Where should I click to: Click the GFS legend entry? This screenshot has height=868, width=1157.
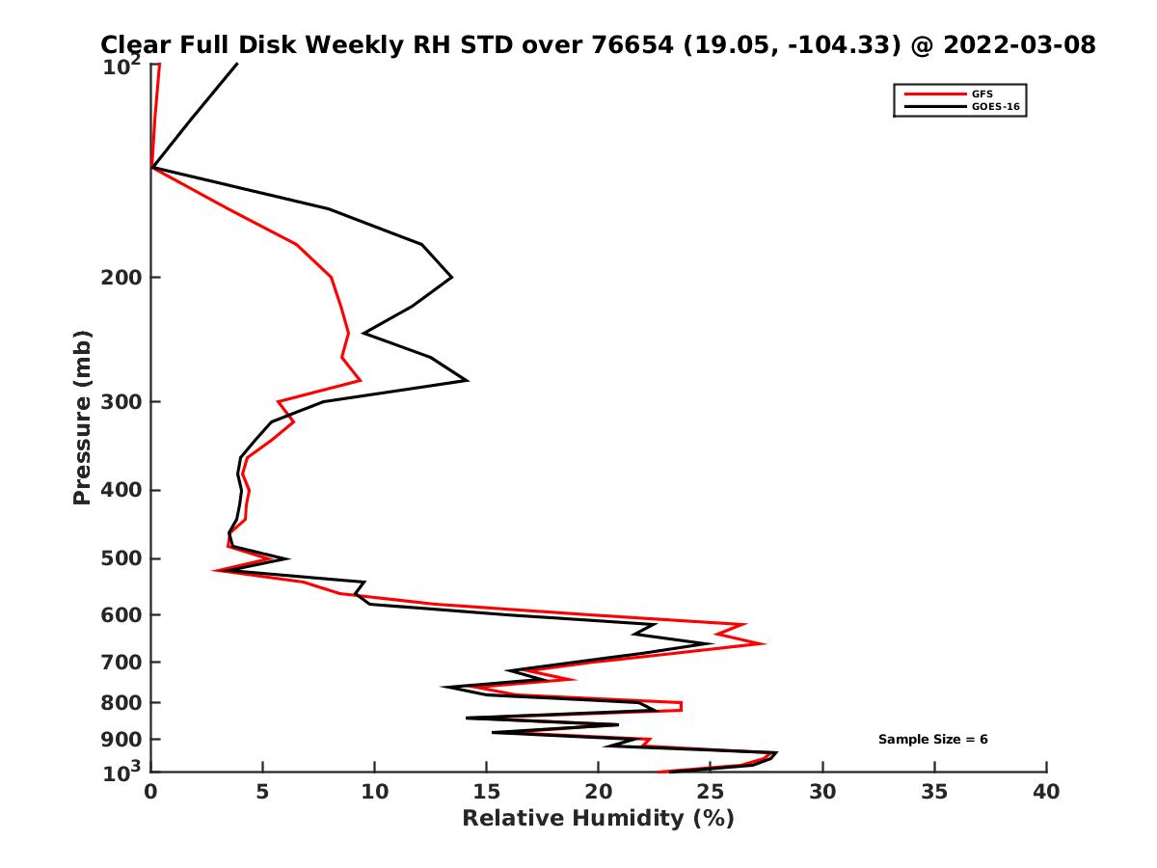click(982, 94)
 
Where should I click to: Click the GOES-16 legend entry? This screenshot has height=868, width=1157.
click(992, 106)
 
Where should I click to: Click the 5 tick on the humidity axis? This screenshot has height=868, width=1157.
click(263, 792)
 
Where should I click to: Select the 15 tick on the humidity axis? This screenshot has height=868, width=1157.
click(487, 792)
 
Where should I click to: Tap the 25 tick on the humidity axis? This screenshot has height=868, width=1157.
click(711, 792)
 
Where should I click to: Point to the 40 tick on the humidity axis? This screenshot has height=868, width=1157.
click(1046, 792)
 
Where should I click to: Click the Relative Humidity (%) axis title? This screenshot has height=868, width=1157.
click(598, 819)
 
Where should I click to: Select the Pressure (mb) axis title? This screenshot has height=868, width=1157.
click(82, 418)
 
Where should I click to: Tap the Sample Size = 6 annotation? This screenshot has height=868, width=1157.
click(932, 740)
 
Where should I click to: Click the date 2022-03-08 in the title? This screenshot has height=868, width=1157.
click(1021, 44)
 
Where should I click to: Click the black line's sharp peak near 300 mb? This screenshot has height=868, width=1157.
click(468, 380)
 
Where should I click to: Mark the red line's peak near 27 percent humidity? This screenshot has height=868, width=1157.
click(765, 643)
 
